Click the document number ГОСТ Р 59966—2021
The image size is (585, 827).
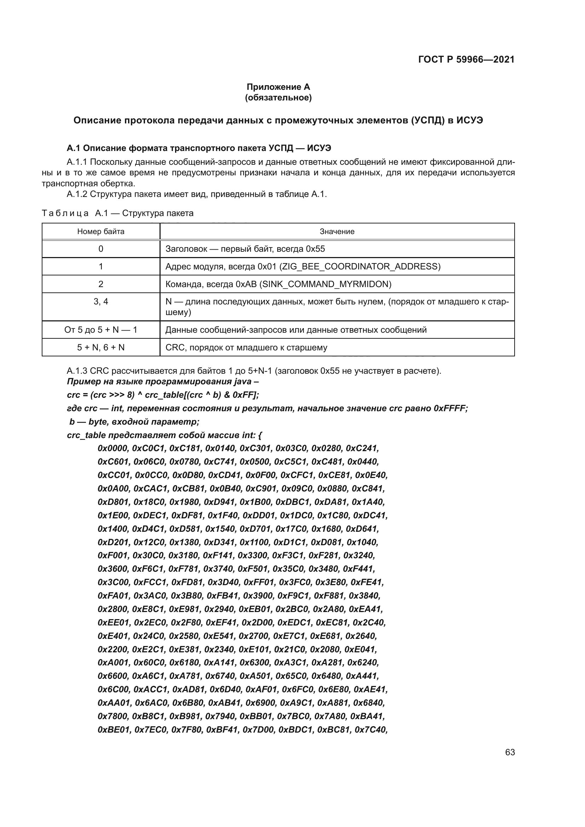466,59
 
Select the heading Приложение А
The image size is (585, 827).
278,87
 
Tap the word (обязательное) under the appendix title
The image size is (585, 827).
278,98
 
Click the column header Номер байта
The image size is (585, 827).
100,232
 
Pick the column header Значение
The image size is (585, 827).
337,232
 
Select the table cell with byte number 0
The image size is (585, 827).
100,249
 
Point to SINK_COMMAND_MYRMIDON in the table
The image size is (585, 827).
325,284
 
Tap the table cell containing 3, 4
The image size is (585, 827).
100,302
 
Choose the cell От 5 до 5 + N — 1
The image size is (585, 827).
100,330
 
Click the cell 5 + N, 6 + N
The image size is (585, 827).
100,348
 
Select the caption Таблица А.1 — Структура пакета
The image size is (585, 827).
117,213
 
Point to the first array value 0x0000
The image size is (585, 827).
113,448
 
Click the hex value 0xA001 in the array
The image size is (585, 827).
113,663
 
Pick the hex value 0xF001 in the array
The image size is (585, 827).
113,556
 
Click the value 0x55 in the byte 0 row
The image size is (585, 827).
315,249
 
